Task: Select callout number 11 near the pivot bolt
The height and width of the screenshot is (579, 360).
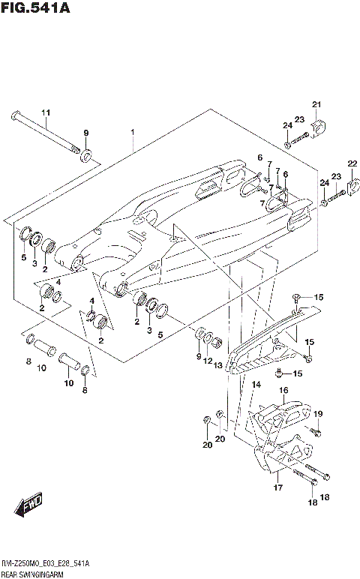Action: click(45, 113)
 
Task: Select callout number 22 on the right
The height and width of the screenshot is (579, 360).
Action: click(352, 163)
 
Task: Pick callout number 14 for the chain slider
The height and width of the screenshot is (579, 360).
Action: click(256, 384)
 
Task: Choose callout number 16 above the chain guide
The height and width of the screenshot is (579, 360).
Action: click(284, 390)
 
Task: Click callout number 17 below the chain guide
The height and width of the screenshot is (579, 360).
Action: click(277, 487)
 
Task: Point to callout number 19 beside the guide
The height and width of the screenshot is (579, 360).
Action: click(318, 414)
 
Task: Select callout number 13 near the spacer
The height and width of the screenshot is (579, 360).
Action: click(218, 365)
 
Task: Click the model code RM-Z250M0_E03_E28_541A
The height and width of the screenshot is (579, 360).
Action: click(46, 562)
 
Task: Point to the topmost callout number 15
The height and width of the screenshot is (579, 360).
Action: click(318, 297)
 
